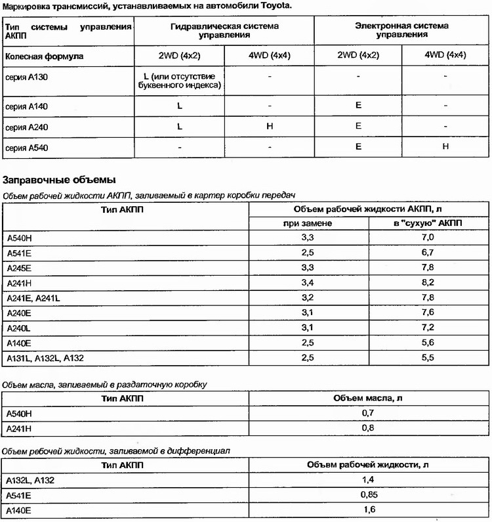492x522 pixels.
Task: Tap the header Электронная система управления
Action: (x=402, y=31)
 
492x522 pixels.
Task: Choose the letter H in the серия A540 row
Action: (x=445, y=147)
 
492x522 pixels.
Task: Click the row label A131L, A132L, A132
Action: (x=45, y=358)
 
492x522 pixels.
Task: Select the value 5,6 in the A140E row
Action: (x=428, y=343)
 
